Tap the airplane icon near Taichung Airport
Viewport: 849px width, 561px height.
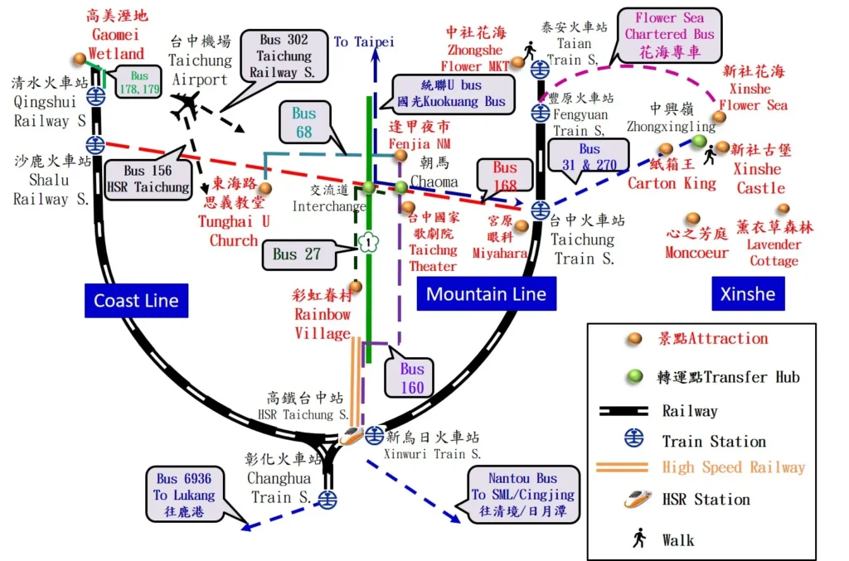(x=187, y=105)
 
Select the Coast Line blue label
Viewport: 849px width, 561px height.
(x=136, y=301)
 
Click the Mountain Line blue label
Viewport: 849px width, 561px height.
(x=486, y=293)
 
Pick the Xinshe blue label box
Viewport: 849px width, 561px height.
(x=747, y=293)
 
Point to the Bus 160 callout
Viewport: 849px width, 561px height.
(x=412, y=378)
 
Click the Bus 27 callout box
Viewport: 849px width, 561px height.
(x=297, y=254)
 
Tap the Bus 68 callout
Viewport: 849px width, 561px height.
(x=303, y=122)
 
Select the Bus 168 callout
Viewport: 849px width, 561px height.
(x=505, y=177)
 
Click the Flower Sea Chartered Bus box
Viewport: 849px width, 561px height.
(x=669, y=34)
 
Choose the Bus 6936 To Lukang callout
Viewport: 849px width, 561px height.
(x=184, y=496)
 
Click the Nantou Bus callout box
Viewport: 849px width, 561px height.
(x=522, y=496)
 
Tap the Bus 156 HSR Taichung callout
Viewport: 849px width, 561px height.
(x=148, y=179)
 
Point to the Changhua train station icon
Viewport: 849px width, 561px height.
(x=329, y=499)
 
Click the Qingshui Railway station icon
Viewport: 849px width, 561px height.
(x=97, y=95)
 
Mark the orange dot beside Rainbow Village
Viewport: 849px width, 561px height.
(x=356, y=286)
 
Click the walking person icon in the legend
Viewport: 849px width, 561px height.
(x=638, y=539)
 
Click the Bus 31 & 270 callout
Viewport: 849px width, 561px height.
(x=589, y=157)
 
